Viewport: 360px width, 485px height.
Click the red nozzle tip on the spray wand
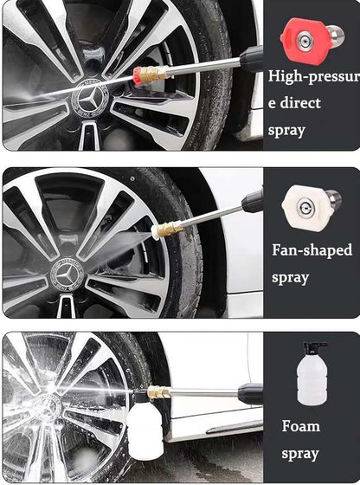tap(138, 75)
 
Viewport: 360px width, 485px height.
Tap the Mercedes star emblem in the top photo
tap(90, 98)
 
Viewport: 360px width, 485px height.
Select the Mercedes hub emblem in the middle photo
tap(67, 274)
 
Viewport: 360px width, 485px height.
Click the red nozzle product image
tap(312, 41)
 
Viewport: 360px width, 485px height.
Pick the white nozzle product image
tap(312, 206)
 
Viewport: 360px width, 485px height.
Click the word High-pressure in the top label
tap(313, 77)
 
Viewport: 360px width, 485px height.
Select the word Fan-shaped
tap(312, 250)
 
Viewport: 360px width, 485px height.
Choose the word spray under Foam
tap(300, 455)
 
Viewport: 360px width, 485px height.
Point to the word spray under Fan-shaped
tap(291, 278)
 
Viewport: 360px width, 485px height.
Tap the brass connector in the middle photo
tap(169, 230)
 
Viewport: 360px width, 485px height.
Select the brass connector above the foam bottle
tap(159, 392)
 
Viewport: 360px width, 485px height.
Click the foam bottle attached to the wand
tap(145, 427)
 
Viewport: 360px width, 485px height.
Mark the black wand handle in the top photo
tap(252, 59)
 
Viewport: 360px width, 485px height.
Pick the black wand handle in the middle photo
tap(253, 201)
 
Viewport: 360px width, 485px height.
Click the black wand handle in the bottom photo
tap(250, 394)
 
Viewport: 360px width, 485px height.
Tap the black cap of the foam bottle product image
tap(313, 348)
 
